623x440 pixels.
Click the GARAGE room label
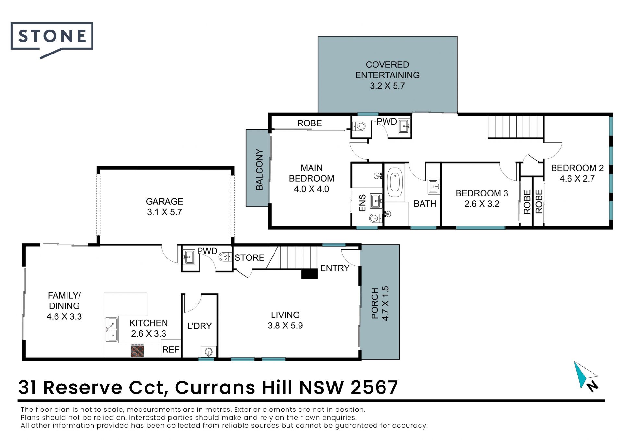(165, 202)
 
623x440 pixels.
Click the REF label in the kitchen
(171, 350)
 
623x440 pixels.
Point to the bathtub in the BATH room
(395, 183)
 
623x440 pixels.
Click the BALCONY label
(259, 170)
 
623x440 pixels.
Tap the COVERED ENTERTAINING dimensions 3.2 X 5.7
(387, 86)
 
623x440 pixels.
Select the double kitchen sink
(111, 329)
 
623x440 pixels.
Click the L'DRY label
(200, 326)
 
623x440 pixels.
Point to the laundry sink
(208, 351)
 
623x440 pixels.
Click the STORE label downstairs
(250, 258)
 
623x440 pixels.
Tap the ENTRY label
(335, 268)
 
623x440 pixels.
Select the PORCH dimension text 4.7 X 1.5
(385, 303)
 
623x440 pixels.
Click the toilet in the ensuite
(375, 218)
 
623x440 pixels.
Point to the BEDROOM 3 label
(482, 193)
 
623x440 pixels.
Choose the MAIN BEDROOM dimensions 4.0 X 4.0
(311, 189)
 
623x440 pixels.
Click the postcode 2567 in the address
(374, 387)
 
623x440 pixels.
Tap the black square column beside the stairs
(310, 274)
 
